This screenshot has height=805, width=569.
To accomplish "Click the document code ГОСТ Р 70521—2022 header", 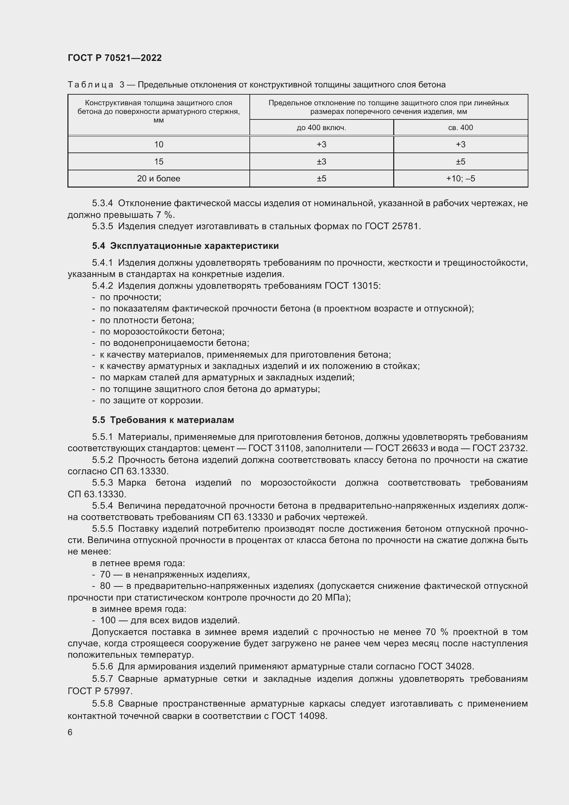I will (x=115, y=58).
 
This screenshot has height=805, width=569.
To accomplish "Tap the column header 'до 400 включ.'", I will (x=321, y=128).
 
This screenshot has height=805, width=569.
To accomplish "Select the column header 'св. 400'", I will (x=460, y=128).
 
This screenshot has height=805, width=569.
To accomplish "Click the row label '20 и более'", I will (x=158, y=179).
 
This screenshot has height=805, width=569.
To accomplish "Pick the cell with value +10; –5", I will (x=460, y=179).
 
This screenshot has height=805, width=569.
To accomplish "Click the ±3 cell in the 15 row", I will (x=321, y=162).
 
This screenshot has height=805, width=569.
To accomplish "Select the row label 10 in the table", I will (x=158, y=145).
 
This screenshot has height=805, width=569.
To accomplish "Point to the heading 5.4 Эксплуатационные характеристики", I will (x=185, y=246).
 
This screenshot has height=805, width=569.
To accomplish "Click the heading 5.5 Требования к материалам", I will (x=163, y=420).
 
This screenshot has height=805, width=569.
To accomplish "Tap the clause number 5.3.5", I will (x=102, y=226).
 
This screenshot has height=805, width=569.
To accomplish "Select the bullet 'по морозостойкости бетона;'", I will (x=162, y=331).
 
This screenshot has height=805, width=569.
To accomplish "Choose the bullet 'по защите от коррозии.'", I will (x=151, y=400).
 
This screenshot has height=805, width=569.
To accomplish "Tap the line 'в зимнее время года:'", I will (x=139, y=609).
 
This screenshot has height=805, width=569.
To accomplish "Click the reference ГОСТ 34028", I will (x=445, y=667).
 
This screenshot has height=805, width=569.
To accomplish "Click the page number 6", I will (x=70, y=732).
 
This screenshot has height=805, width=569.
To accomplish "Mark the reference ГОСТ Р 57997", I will (x=100, y=691).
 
